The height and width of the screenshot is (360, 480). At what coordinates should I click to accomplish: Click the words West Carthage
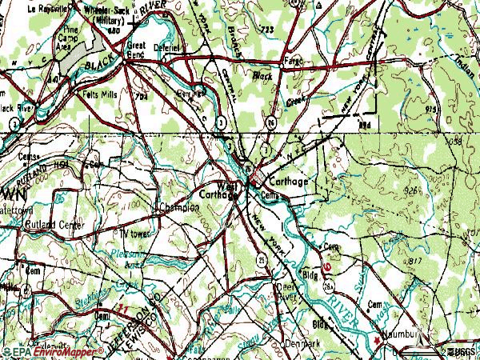219,189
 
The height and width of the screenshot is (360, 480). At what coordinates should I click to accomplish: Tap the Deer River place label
284,290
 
